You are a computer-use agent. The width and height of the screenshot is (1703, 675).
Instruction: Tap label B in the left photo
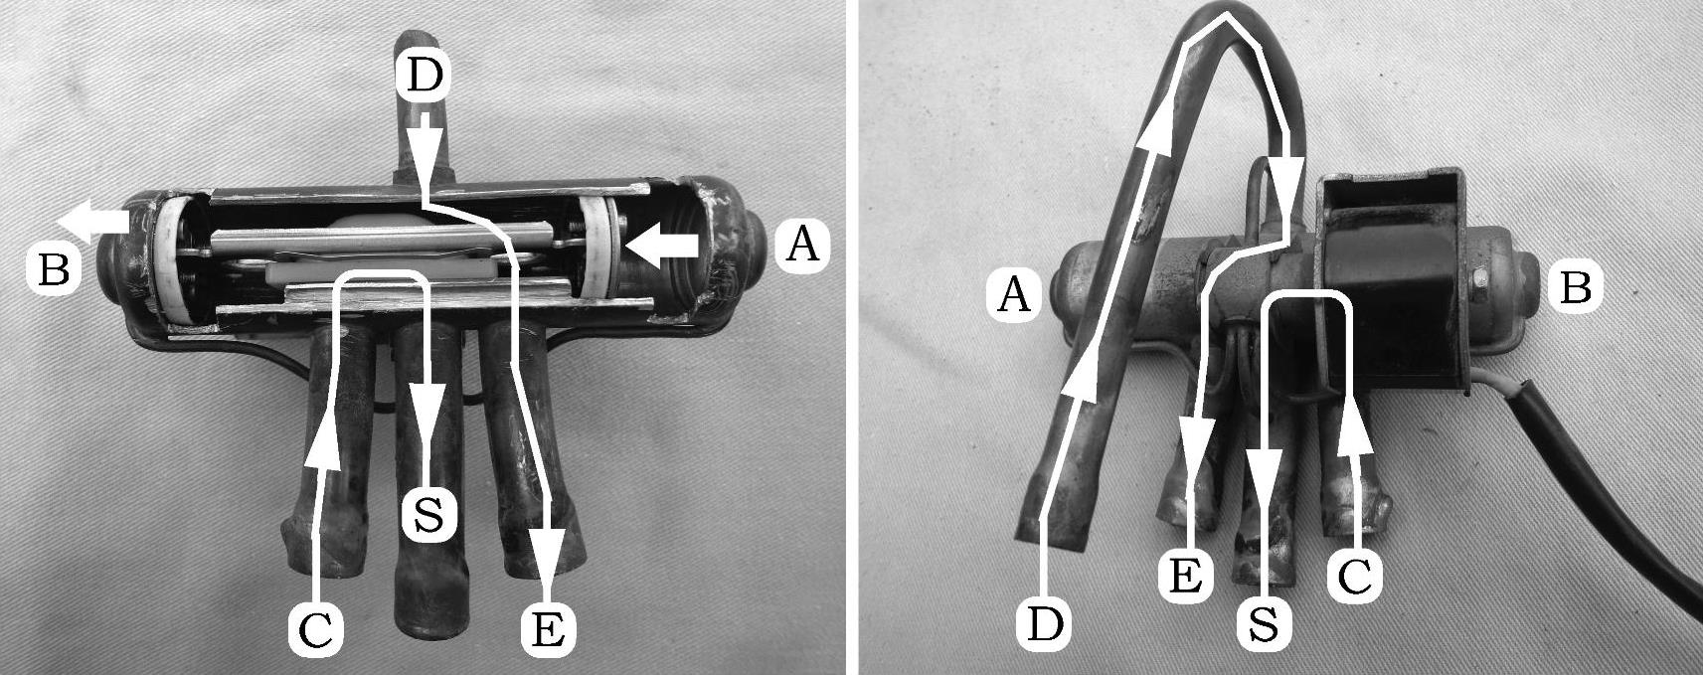pos(54,269)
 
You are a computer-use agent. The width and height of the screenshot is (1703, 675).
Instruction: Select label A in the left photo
pos(802,246)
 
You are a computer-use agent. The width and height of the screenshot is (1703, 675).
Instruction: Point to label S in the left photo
pos(428,515)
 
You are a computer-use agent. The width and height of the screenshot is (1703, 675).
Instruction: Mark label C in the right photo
pos(1354,578)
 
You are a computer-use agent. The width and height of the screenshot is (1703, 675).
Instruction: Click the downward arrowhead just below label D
pos(426,148)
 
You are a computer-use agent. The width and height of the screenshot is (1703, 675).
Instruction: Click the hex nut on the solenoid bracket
pos(1481,279)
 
